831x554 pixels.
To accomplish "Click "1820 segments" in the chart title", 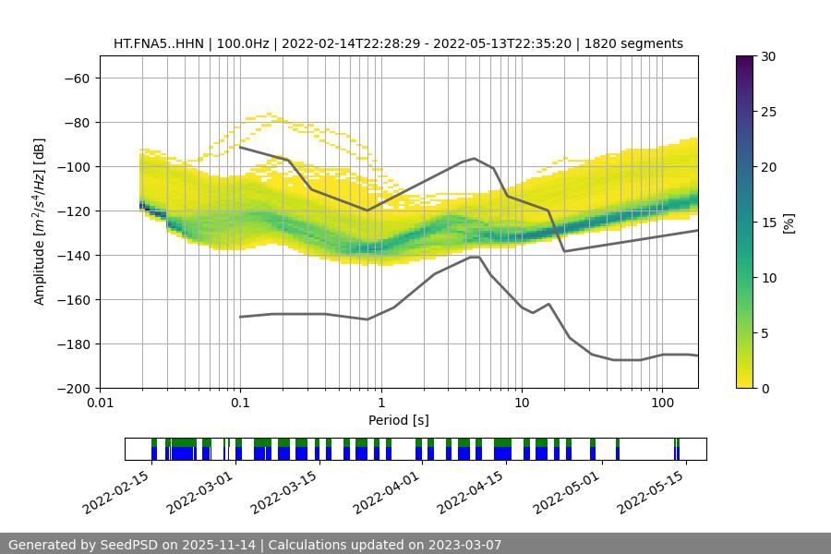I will click(x=639, y=43).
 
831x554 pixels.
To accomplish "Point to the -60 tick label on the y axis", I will click(x=76, y=78).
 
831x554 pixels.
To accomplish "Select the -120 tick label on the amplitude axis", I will click(x=72, y=211).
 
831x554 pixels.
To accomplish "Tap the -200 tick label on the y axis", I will click(x=72, y=388).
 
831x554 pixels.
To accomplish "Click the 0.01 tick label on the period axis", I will click(x=100, y=403).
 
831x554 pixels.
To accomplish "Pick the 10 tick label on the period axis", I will click(x=522, y=403).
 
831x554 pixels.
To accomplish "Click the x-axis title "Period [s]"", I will click(x=398, y=420).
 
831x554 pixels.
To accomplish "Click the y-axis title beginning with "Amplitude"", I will click(x=40, y=222).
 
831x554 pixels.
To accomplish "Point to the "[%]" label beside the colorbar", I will click(x=789, y=223).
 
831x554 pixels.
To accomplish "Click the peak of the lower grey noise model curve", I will click(x=475, y=258).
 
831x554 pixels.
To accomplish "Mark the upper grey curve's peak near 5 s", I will click(x=475, y=158).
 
